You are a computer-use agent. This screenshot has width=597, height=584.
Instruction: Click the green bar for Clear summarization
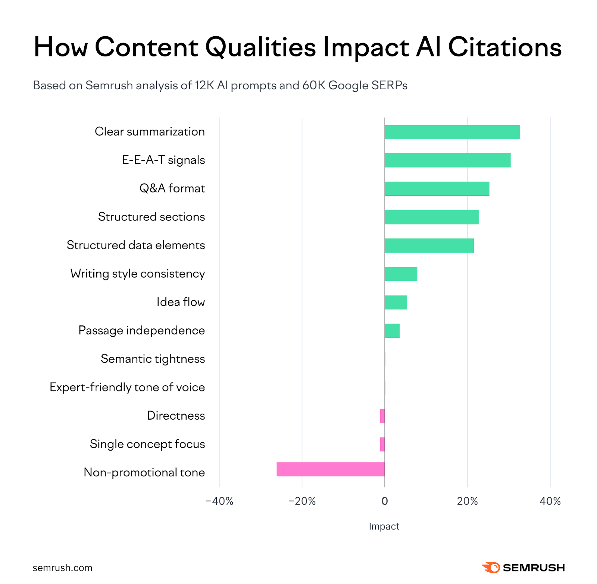pos(452,132)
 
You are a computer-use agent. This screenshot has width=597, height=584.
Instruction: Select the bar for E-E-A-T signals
pos(447,160)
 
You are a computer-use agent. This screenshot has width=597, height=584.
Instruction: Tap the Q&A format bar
pos(437,189)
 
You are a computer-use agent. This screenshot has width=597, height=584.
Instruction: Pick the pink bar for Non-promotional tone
pos(330,469)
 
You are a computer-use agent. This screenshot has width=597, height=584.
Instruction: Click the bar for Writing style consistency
pos(401,274)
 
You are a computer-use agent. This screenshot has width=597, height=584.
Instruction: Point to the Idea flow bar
pos(396,302)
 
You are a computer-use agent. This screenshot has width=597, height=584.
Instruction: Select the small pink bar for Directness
pos(382,416)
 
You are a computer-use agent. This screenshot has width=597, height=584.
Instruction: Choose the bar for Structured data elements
pos(429,245)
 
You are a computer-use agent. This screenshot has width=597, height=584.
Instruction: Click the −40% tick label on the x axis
pos(219,501)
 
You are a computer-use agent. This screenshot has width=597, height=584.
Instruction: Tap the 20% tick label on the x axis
pos(467,501)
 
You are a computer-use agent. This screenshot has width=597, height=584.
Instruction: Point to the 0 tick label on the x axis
pos(385,501)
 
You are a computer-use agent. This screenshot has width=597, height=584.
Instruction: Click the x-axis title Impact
pos(384,526)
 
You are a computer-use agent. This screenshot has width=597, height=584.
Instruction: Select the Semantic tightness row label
pos(153,359)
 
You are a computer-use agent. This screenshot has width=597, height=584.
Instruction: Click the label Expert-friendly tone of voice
pos(127,387)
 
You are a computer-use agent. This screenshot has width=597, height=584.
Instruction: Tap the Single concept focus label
pos(147,444)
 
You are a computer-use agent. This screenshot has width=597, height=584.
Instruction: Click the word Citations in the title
pos(504,47)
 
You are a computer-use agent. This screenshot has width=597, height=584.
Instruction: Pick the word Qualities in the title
pos(260,47)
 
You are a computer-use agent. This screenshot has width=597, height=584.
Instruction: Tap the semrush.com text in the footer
pos(62,568)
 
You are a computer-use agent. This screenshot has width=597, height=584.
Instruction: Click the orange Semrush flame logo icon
pos(491,567)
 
